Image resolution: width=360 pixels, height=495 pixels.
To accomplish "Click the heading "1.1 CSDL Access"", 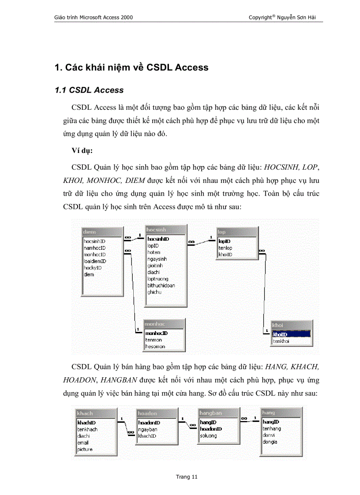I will pyautogui.click(x=89, y=90).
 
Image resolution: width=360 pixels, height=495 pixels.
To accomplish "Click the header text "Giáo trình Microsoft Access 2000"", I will pyautogui.click(x=94, y=17).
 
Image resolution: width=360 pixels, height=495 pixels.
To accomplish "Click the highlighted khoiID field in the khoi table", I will pyautogui.click(x=281, y=335).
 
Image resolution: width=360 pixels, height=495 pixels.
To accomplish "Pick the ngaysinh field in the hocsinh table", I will pyautogui.click(x=157, y=259).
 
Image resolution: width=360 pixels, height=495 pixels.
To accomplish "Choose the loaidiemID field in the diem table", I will pyautogui.click(x=95, y=261).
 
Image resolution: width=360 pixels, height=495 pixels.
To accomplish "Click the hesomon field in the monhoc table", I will pyautogui.click(x=155, y=346).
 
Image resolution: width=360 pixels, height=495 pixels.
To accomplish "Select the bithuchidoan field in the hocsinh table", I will pyautogui.click(x=161, y=285).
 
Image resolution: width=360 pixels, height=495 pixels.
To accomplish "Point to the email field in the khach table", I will pyautogui.click(x=83, y=443).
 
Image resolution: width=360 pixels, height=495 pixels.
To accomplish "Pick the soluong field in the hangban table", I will pyautogui.click(x=208, y=435).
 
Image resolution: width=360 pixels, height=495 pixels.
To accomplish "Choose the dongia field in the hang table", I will pyautogui.click(x=270, y=442).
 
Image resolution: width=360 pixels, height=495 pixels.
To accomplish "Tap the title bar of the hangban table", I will pyautogui.click(x=218, y=413).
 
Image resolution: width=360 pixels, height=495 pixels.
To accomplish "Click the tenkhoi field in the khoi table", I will pyautogui.click(x=281, y=341).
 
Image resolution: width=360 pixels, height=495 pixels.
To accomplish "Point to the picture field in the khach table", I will pyautogui.click(x=85, y=449).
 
